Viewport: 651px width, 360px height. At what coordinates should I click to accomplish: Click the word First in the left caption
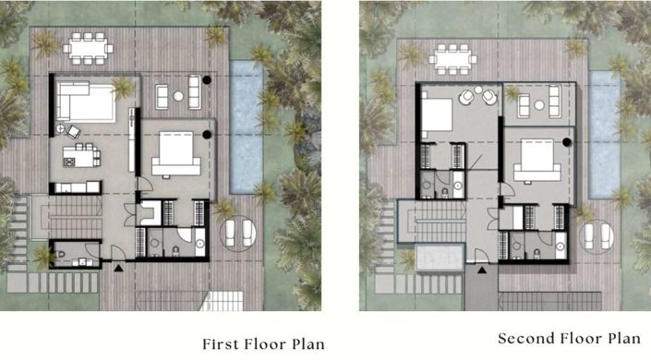(221, 344)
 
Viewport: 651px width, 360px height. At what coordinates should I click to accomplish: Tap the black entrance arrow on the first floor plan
(119, 269)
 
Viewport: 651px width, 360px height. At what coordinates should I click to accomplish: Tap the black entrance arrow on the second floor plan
(482, 270)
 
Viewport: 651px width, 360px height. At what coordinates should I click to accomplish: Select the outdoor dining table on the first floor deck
(88, 49)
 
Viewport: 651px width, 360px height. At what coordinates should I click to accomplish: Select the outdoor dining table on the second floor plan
(452, 59)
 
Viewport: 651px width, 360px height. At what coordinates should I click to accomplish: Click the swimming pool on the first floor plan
(247, 127)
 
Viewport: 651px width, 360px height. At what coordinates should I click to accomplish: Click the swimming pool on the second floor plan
(605, 135)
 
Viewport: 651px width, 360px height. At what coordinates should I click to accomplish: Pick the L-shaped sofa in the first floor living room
(86, 102)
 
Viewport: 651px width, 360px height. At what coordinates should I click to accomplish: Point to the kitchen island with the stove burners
(81, 157)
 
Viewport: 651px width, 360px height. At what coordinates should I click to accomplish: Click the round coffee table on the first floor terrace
(178, 96)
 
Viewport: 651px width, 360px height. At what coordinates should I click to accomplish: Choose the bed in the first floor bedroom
(176, 153)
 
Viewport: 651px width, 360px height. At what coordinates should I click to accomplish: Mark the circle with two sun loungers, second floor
(597, 236)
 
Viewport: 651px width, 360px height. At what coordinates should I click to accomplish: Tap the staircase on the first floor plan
(75, 217)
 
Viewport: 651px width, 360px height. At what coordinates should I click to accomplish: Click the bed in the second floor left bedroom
(437, 115)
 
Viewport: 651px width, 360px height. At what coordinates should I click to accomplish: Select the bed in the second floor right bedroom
(537, 161)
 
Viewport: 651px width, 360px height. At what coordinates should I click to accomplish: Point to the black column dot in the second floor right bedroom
(566, 142)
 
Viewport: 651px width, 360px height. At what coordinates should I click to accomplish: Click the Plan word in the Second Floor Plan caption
(624, 339)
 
